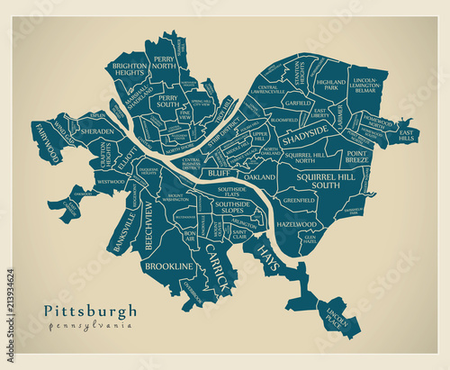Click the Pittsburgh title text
click(90, 311)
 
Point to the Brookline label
click(169, 266)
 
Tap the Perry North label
click(164, 65)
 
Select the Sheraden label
click(97, 131)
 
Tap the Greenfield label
click(299, 200)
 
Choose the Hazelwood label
click(297, 223)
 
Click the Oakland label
click(260, 177)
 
